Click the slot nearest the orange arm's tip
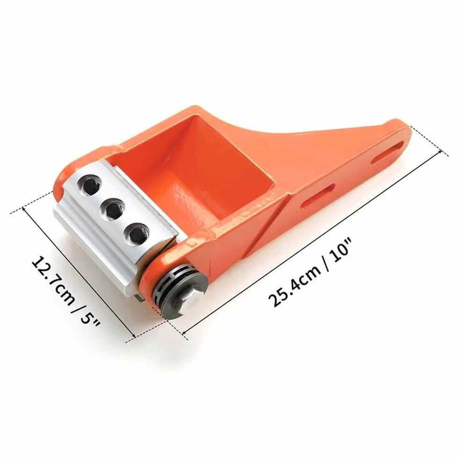[387, 153]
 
